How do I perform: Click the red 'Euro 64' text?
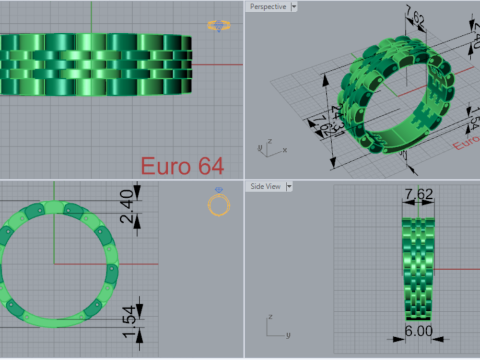coord(181,164)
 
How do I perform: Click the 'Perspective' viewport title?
coord(268,7)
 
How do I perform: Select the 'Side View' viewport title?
coord(265,186)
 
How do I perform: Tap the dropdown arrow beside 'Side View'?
coord(289,186)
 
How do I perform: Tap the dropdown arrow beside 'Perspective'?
coord(296,7)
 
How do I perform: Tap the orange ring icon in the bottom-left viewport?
coord(218,204)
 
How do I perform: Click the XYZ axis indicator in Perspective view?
coord(265,146)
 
